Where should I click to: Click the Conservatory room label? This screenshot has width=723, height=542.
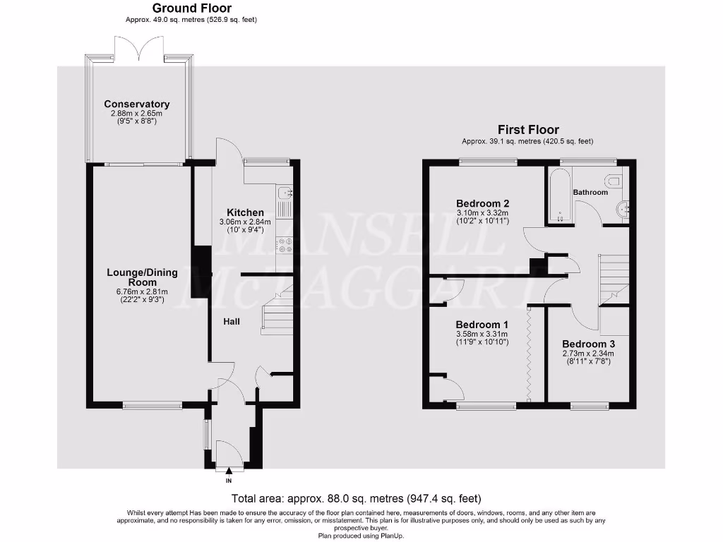click(136, 104)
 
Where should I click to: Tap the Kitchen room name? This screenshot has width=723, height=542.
click(245, 212)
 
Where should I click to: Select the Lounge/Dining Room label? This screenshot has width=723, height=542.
click(143, 277)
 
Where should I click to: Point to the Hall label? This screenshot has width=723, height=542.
click(232, 321)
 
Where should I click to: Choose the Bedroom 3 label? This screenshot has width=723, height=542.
click(588, 344)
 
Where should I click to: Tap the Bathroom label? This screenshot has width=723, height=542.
click(590, 192)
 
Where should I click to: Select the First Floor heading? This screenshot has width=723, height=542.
click(528, 130)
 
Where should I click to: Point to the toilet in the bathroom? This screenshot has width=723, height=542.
click(614, 181)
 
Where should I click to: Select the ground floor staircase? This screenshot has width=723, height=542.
click(276, 314)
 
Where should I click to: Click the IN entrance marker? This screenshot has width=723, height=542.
click(228, 481)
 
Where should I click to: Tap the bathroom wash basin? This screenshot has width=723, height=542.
click(622, 209)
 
